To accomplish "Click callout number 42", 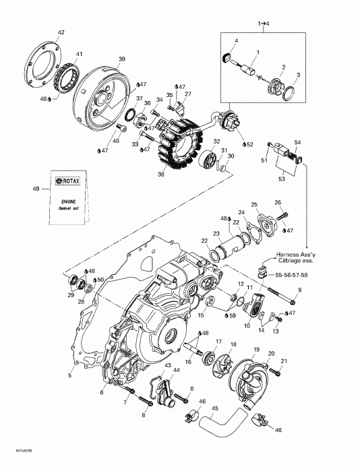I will point(61,32).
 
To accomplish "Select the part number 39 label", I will point(121,59).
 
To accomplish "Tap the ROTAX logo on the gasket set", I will point(65,181).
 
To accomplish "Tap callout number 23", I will point(217,233).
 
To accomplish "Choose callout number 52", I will point(249,145).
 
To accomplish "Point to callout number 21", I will point(284,361).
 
